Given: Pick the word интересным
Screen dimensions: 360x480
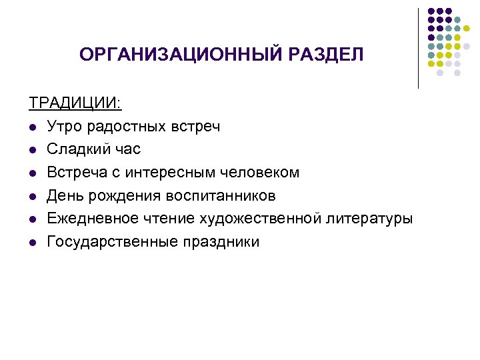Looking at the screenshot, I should (x=167, y=173).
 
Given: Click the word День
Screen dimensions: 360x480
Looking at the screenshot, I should (x=63, y=195).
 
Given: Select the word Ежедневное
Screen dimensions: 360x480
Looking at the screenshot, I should (x=87, y=219).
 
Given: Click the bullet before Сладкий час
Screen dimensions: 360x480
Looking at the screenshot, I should (x=33, y=150).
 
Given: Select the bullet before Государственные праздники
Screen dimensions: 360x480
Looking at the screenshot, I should (x=33, y=242).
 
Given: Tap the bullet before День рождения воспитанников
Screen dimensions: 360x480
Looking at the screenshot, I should (x=33, y=196).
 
